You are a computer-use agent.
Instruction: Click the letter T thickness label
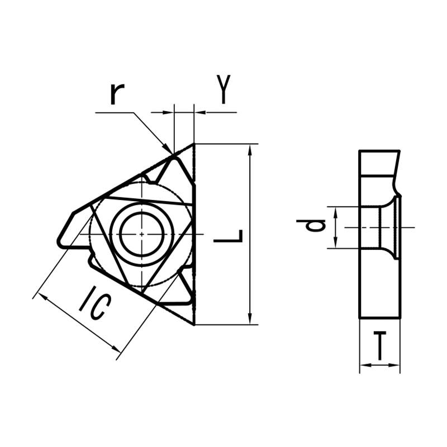pos(380,346)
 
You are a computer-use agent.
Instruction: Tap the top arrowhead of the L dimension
pos(249,149)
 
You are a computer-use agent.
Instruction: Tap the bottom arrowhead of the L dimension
pos(249,320)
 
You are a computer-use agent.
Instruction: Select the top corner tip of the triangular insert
pos(193,144)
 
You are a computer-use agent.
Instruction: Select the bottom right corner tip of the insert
pos(193,324)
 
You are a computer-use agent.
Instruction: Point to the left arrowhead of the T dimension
pos(363,366)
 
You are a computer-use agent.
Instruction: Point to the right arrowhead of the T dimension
pos(396,366)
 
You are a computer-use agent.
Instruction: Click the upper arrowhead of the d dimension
pos(335,210)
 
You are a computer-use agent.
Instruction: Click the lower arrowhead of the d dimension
pos(335,244)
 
